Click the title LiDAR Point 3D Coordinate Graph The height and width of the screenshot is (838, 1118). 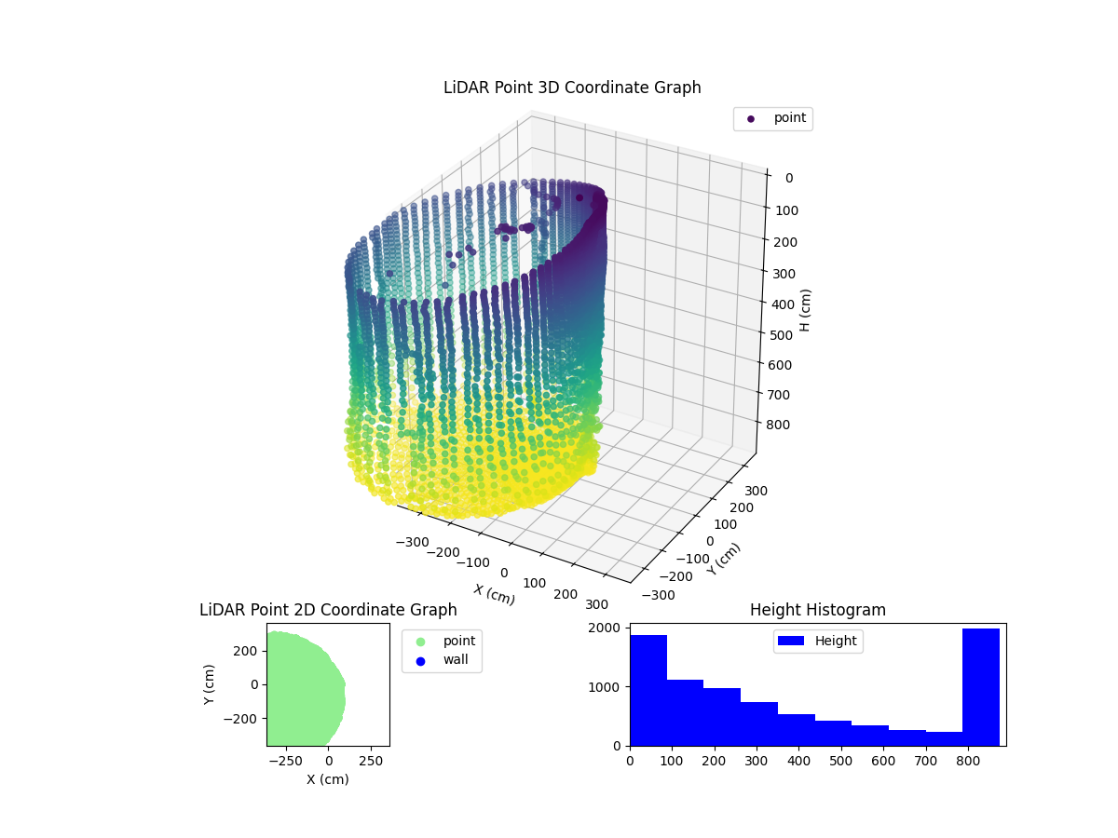(x=572, y=88)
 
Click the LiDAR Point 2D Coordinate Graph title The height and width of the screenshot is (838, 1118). (x=328, y=610)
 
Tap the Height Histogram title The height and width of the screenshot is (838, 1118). (x=817, y=610)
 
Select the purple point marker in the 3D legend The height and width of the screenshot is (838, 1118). (x=751, y=119)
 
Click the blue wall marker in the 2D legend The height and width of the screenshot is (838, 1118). (x=420, y=661)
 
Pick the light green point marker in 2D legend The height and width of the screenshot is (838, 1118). (x=420, y=642)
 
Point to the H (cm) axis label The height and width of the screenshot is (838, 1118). (x=806, y=310)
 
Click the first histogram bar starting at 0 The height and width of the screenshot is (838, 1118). (x=648, y=690)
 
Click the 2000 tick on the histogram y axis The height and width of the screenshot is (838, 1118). (x=607, y=628)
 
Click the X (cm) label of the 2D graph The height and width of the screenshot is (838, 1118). (x=328, y=779)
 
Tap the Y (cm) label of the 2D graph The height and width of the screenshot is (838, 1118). (x=210, y=684)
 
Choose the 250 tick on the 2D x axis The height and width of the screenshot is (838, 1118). (x=372, y=761)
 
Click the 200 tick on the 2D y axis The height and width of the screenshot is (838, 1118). (x=244, y=650)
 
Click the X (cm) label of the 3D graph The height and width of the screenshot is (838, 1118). (x=494, y=594)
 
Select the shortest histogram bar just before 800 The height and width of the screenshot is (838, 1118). (x=944, y=738)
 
